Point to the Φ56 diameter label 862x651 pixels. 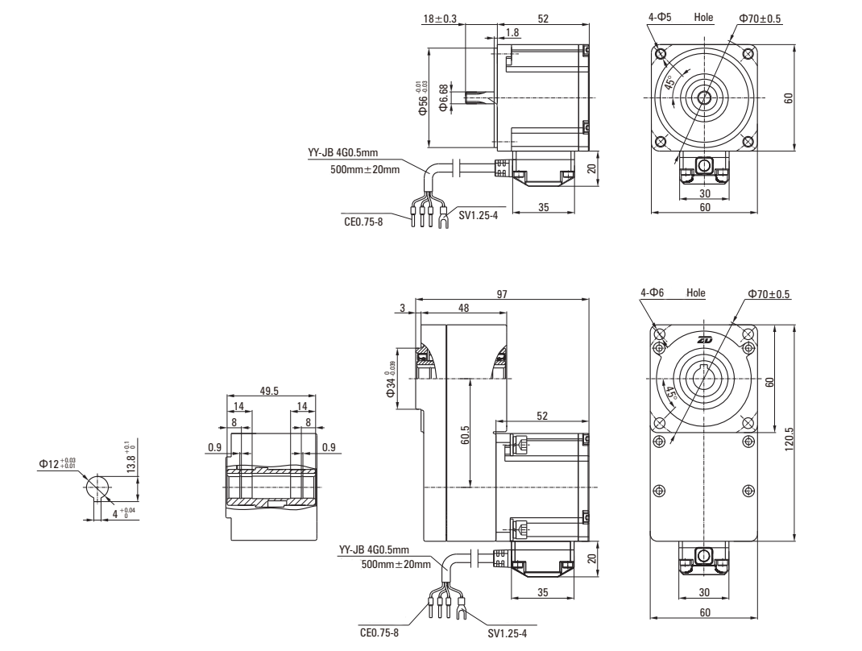click(x=420, y=98)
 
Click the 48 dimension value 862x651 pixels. click(x=463, y=309)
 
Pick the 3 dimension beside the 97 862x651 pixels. click(x=401, y=309)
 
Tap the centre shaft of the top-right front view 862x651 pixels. click(x=704, y=97)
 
